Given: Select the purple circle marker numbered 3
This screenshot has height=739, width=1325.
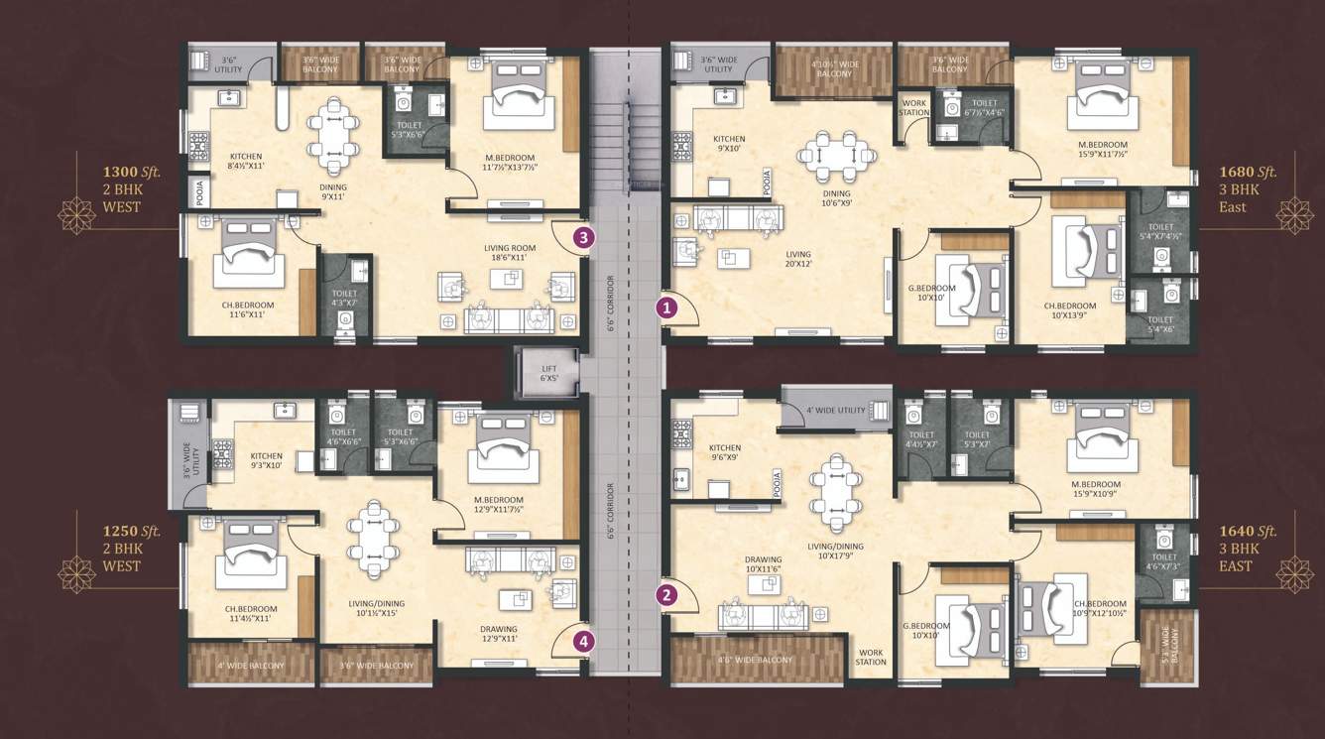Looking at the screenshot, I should click(584, 237).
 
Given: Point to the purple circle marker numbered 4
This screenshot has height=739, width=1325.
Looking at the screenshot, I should click(584, 641).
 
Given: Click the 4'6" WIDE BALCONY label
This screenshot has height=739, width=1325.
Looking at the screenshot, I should click(756, 660).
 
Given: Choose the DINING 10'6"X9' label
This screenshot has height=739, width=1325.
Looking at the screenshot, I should click(836, 199).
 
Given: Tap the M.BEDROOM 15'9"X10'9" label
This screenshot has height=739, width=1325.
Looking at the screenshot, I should click(1100, 492).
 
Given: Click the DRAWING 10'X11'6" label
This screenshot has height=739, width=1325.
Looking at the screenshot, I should click(763, 564).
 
